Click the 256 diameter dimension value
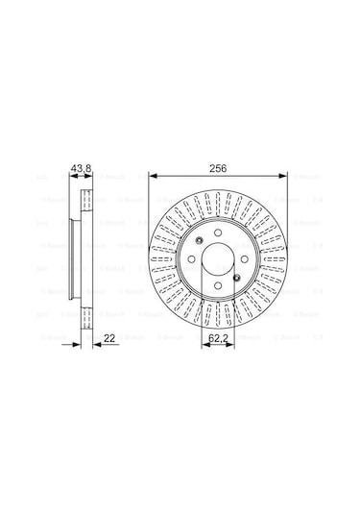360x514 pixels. pyautogui.click(x=219, y=167)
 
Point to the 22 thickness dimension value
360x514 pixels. pyautogui.click(x=110, y=337)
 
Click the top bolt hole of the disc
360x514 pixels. pyautogui.click(x=219, y=234)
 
